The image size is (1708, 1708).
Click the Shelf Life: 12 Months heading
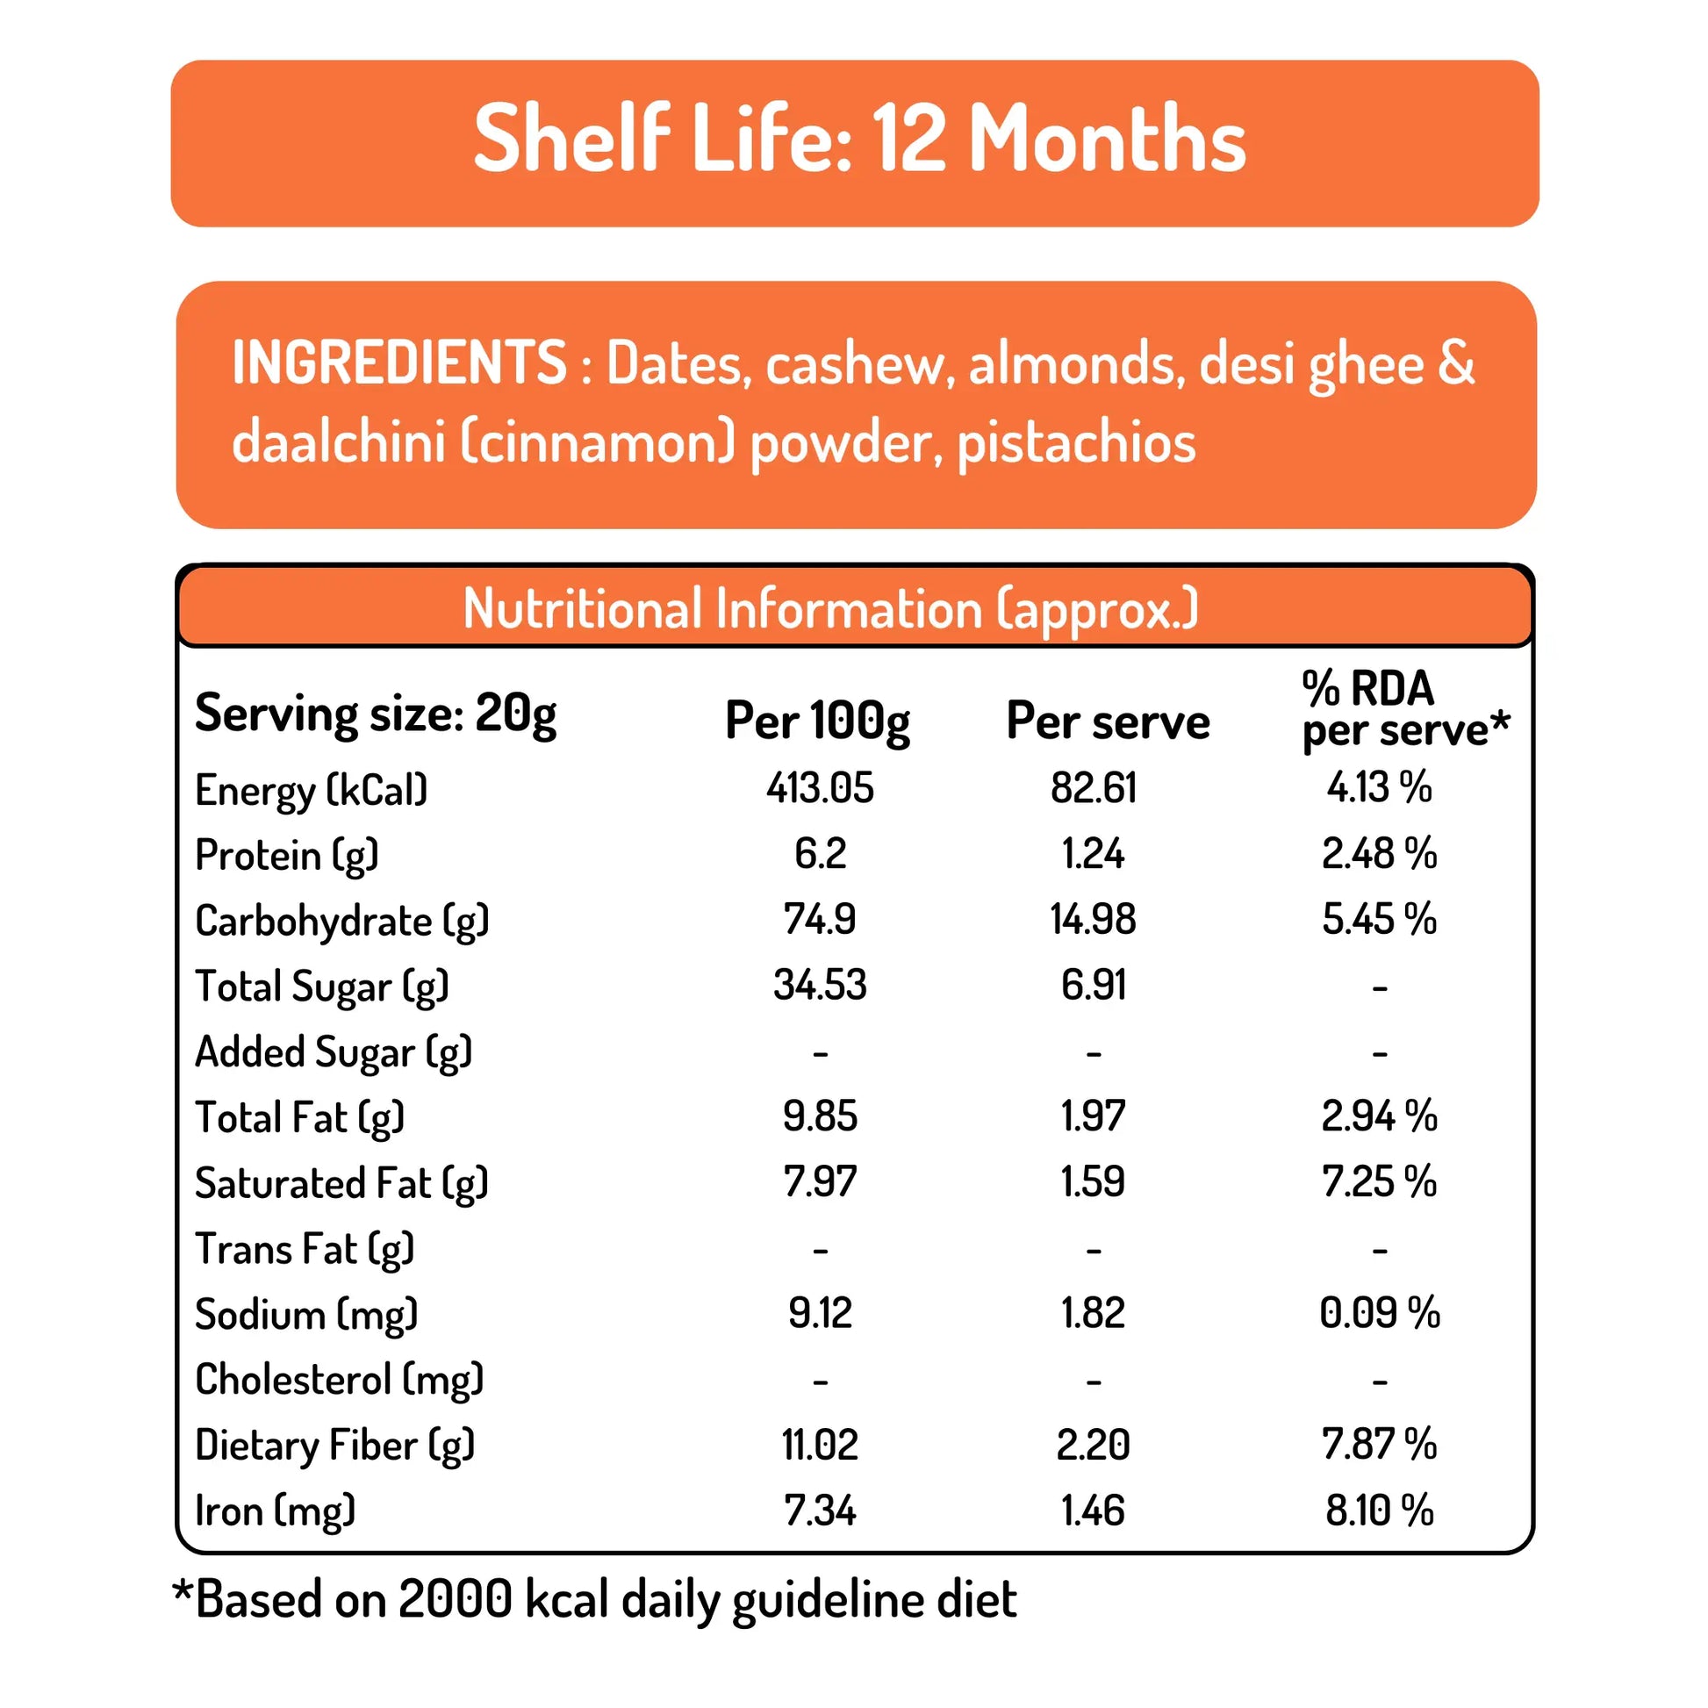(x=858, y=139)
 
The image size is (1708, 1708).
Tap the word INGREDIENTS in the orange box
(x=398, y=362)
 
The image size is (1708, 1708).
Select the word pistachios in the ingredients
(x=1076, y=442)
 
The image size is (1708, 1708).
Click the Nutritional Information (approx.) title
(x=830, y=608)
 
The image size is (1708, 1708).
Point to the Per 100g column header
(x=817, y=721)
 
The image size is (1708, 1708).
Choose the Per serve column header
(x=1107, y=721)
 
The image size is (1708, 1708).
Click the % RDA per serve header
(x=1404, y=710)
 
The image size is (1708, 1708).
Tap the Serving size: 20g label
(x=376, y=713)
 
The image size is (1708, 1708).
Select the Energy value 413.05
(x=820, y=787)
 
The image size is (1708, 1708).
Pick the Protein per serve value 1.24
(x=1093, y=854)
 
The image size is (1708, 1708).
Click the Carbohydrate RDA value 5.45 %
(x=1378, y=920)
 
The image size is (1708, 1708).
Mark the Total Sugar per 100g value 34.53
(x=820, y=985)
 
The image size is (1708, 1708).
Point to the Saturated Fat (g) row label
(x=341, y=1183)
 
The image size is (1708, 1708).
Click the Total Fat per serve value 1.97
(x=1093, y=1116)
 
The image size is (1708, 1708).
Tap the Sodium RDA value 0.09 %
(x=1378, y=1313)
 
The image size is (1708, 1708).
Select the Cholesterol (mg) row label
(x=340, y=1379)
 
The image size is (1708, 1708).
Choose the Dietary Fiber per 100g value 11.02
(x=820, y=1445)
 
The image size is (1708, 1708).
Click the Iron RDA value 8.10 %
(x=1378, y=1510)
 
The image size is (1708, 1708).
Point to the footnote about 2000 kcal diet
(x=594, y=1599)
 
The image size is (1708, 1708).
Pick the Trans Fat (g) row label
(x=304, y=1248)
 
